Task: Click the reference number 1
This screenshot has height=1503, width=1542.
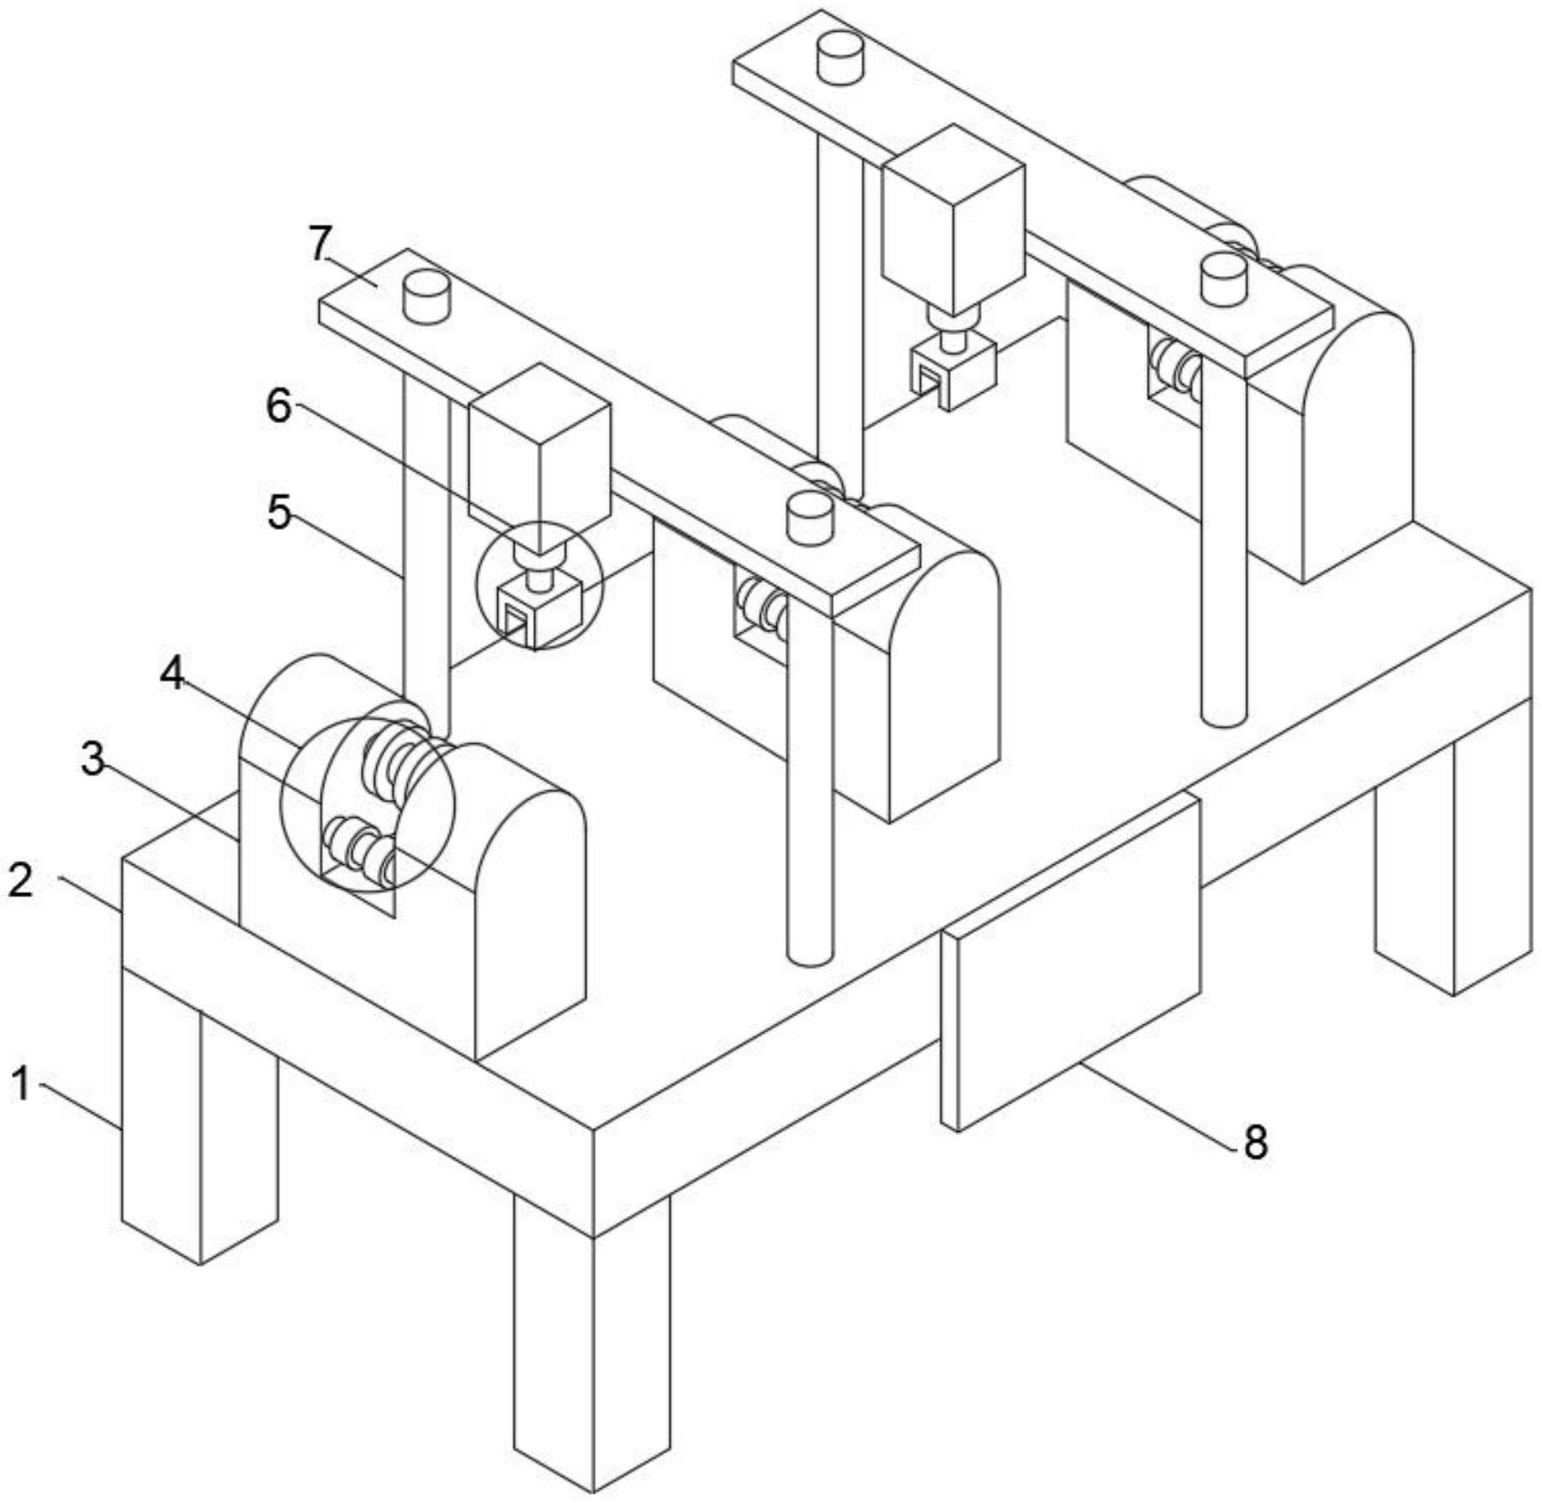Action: pyautogui.click(x=21, y=1083)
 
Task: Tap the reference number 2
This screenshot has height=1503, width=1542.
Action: pyautogui.click(x=20, y=879)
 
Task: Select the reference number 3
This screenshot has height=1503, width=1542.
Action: pyautogui.click(x=93, y=759)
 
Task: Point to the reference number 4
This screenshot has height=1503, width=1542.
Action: pyautogui.click(x=173, y=674)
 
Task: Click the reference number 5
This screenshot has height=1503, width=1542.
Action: pyautogui.click(x=279, y=512)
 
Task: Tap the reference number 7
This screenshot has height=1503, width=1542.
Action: pyautogui.click(x=321, y=244)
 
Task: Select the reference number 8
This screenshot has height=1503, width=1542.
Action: pyautogui.click(x=1255, y=1143)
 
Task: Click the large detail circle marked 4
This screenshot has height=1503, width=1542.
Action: pyautogui.click(x=368, y=804)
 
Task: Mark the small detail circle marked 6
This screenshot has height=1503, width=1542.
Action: pyautogui.click(x=539, y=586)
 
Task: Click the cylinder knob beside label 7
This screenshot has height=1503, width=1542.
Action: pyautogui.click(x=427, y=295)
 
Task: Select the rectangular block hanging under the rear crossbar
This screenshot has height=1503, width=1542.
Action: pyautogui.click(x=953, y=219)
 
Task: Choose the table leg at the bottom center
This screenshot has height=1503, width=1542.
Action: pyautogui.click(x=593, y=1346)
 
